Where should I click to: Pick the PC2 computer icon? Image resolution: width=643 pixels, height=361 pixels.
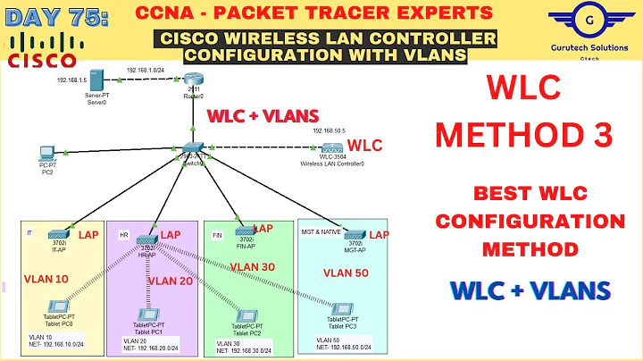47,155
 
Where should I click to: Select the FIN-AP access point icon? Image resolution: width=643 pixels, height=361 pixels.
243,231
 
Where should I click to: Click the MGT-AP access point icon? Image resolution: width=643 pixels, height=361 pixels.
355,232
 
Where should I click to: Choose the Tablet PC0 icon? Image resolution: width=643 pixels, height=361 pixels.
60,309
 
